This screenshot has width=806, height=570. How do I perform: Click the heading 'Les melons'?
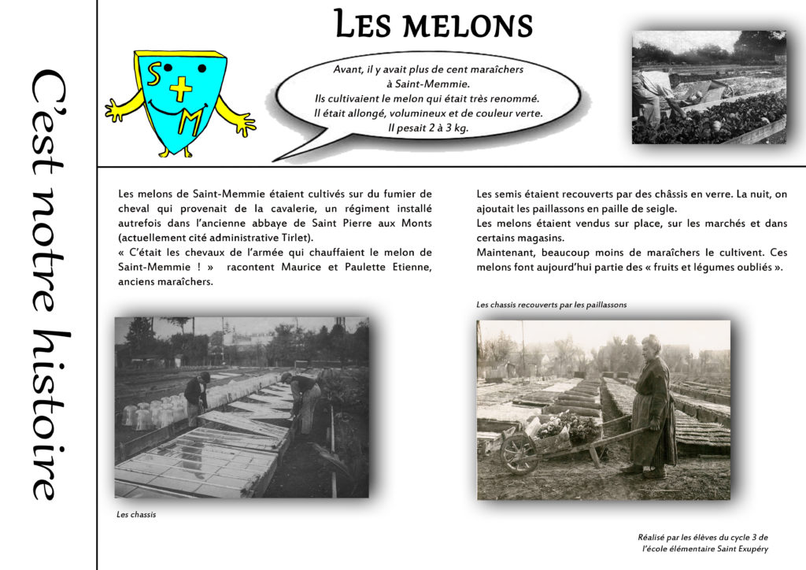coord(433,24)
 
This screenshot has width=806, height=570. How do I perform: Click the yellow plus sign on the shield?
coord(181,88)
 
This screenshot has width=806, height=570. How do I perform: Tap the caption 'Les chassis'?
coord(136,515)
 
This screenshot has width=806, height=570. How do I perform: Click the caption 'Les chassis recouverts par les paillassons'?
coord(551,305)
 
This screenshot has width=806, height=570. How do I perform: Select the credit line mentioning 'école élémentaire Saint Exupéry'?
coord(704,548)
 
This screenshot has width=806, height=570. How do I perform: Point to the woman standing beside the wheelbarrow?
coord(653,406)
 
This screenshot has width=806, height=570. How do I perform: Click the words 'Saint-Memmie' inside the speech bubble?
coord(428,83)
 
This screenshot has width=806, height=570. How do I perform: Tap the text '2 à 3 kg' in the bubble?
coord(445,127)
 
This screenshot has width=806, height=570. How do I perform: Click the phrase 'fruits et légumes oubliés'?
coord(710,267)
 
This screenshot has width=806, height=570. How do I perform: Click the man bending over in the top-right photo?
coord(653,93)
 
